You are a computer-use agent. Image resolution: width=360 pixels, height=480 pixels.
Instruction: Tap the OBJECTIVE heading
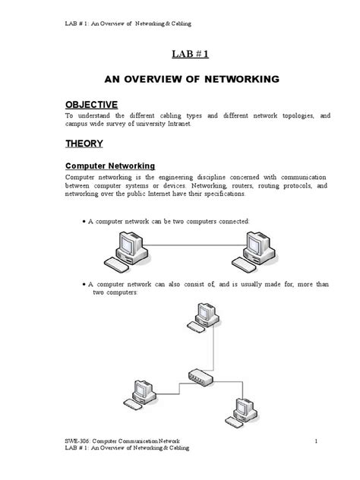[x=91, y=103]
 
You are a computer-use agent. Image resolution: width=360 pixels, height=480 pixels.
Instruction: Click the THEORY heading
[x=84, y=143]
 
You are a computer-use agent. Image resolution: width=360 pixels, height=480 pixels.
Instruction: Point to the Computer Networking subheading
[x=110, y=165]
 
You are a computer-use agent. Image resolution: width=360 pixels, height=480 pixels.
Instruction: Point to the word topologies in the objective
[x=289, y=115]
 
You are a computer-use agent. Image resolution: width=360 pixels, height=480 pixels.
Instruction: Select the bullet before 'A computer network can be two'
[x=83, y=221]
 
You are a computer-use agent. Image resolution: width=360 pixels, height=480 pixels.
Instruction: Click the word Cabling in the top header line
[x=180, y=24]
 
